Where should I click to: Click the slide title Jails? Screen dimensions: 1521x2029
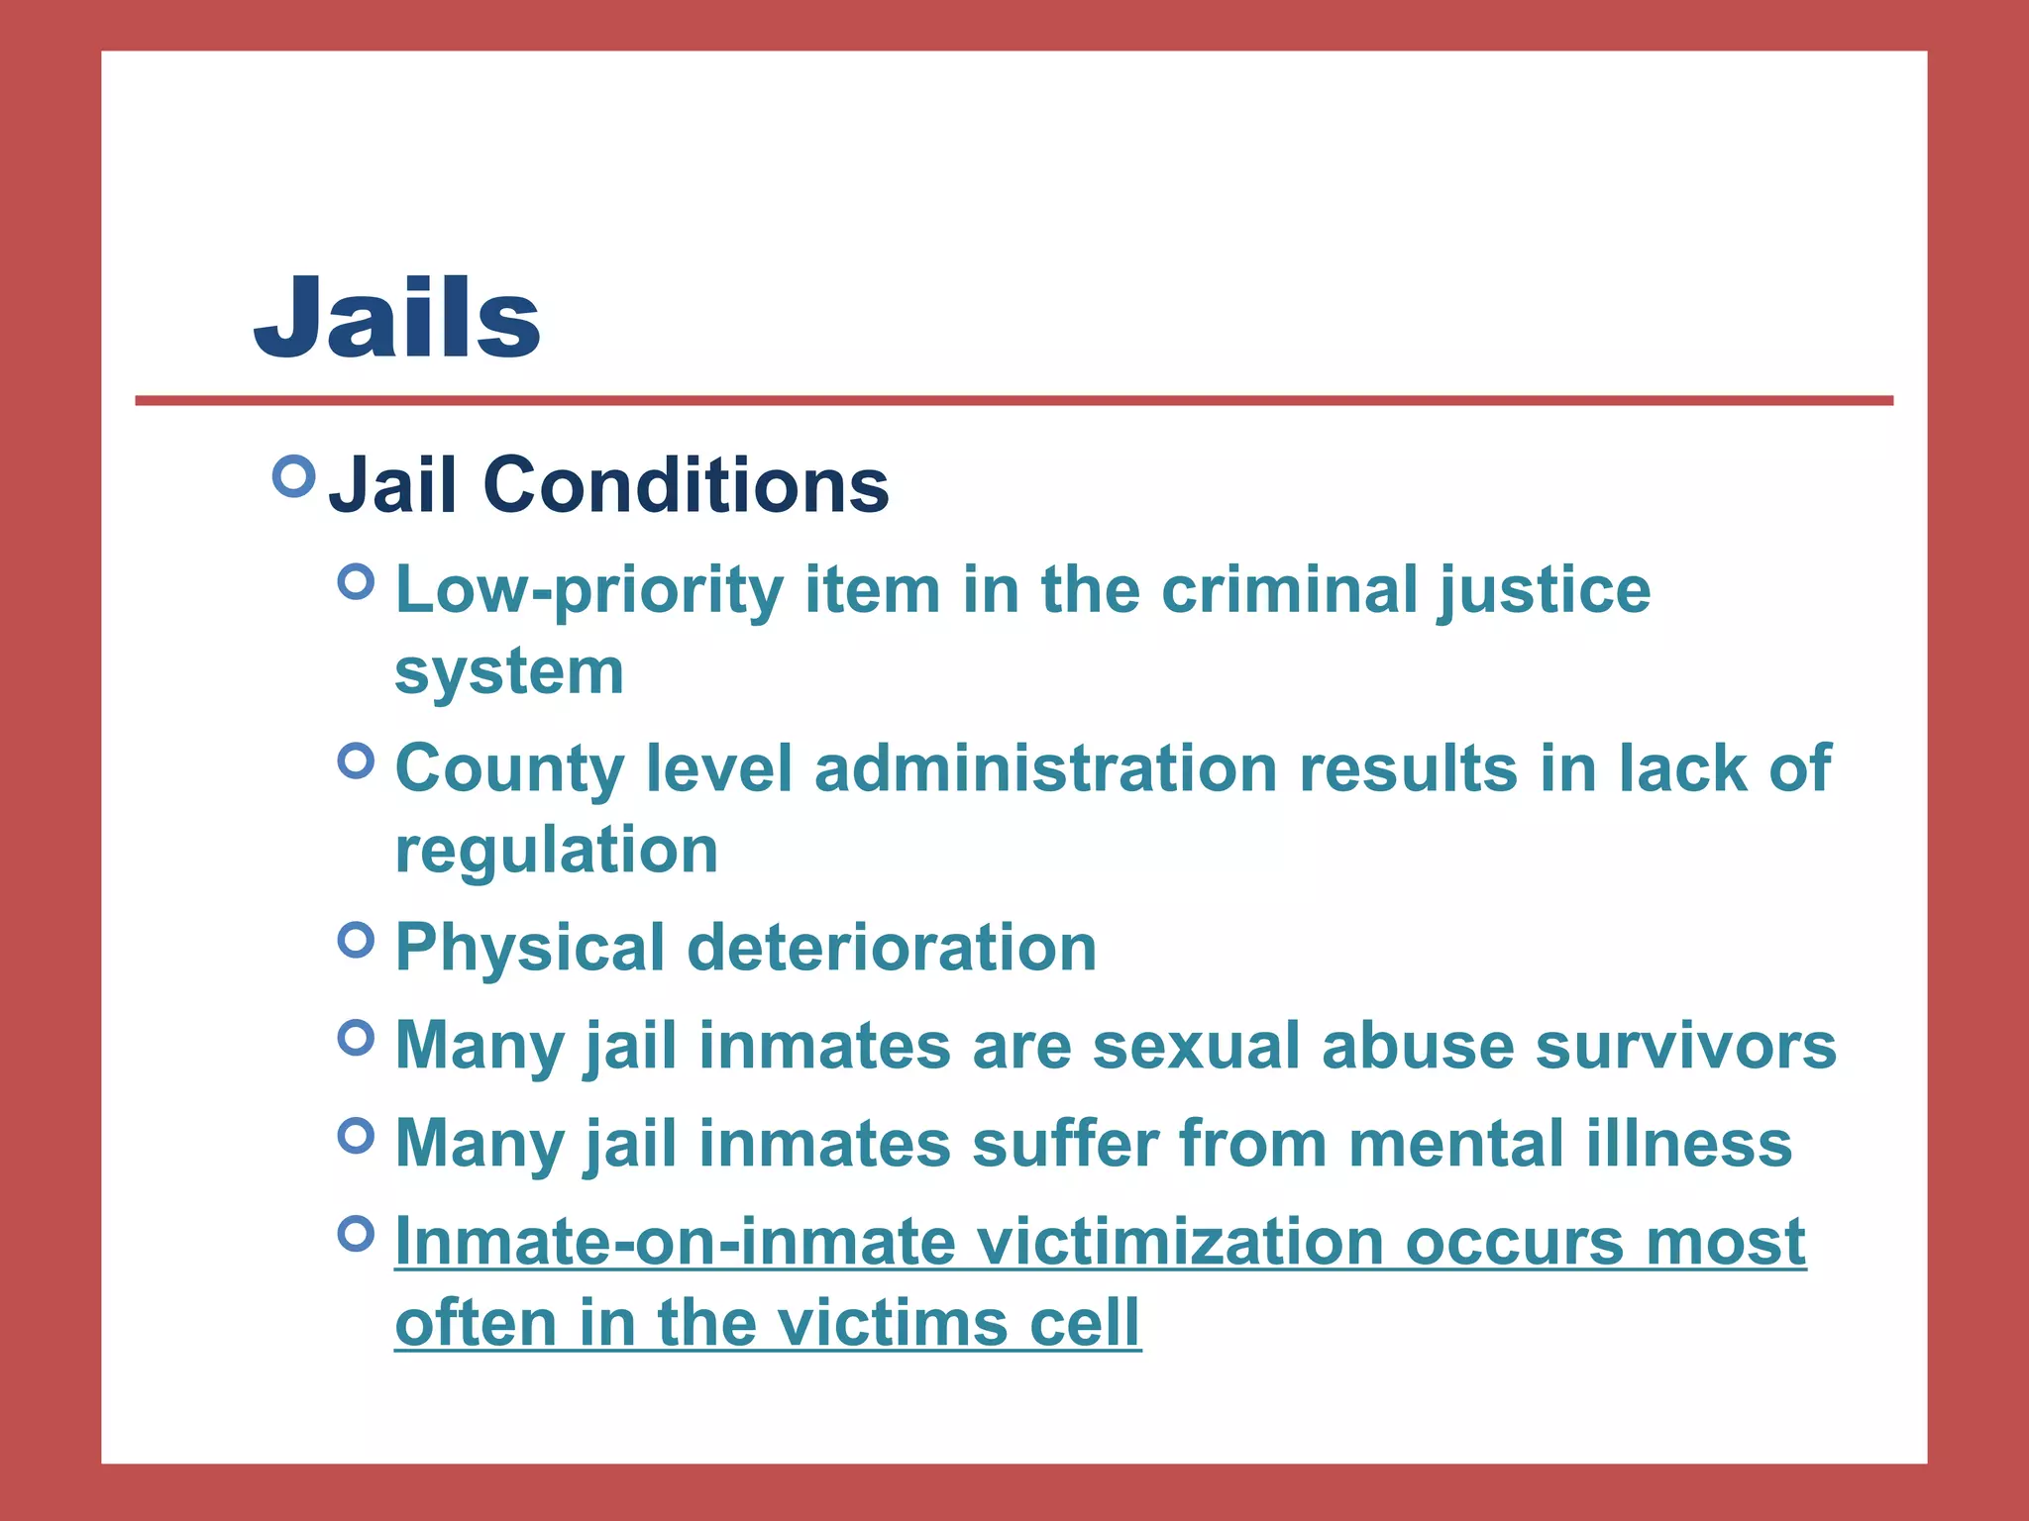click(x=397, y=317)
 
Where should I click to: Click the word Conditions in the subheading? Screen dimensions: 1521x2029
click(x=686, y=485)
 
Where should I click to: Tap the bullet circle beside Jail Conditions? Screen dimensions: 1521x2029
click(x=293, y=476)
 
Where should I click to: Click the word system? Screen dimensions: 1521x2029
click(x=509, y=671)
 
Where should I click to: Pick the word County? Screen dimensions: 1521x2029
click(x=509, y=768)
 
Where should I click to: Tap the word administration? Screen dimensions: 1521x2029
click(x=1045, y=768)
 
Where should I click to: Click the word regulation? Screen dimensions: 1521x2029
click(x=557, y=850)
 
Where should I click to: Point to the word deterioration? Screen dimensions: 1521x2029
click(x=892, y=948)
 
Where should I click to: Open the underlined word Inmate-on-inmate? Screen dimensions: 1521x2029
click(x=676, y=1242)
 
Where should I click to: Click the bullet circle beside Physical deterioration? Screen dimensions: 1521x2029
click(x=356, y=939)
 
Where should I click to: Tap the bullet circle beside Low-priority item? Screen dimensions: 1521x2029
click(x=356, y=581)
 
